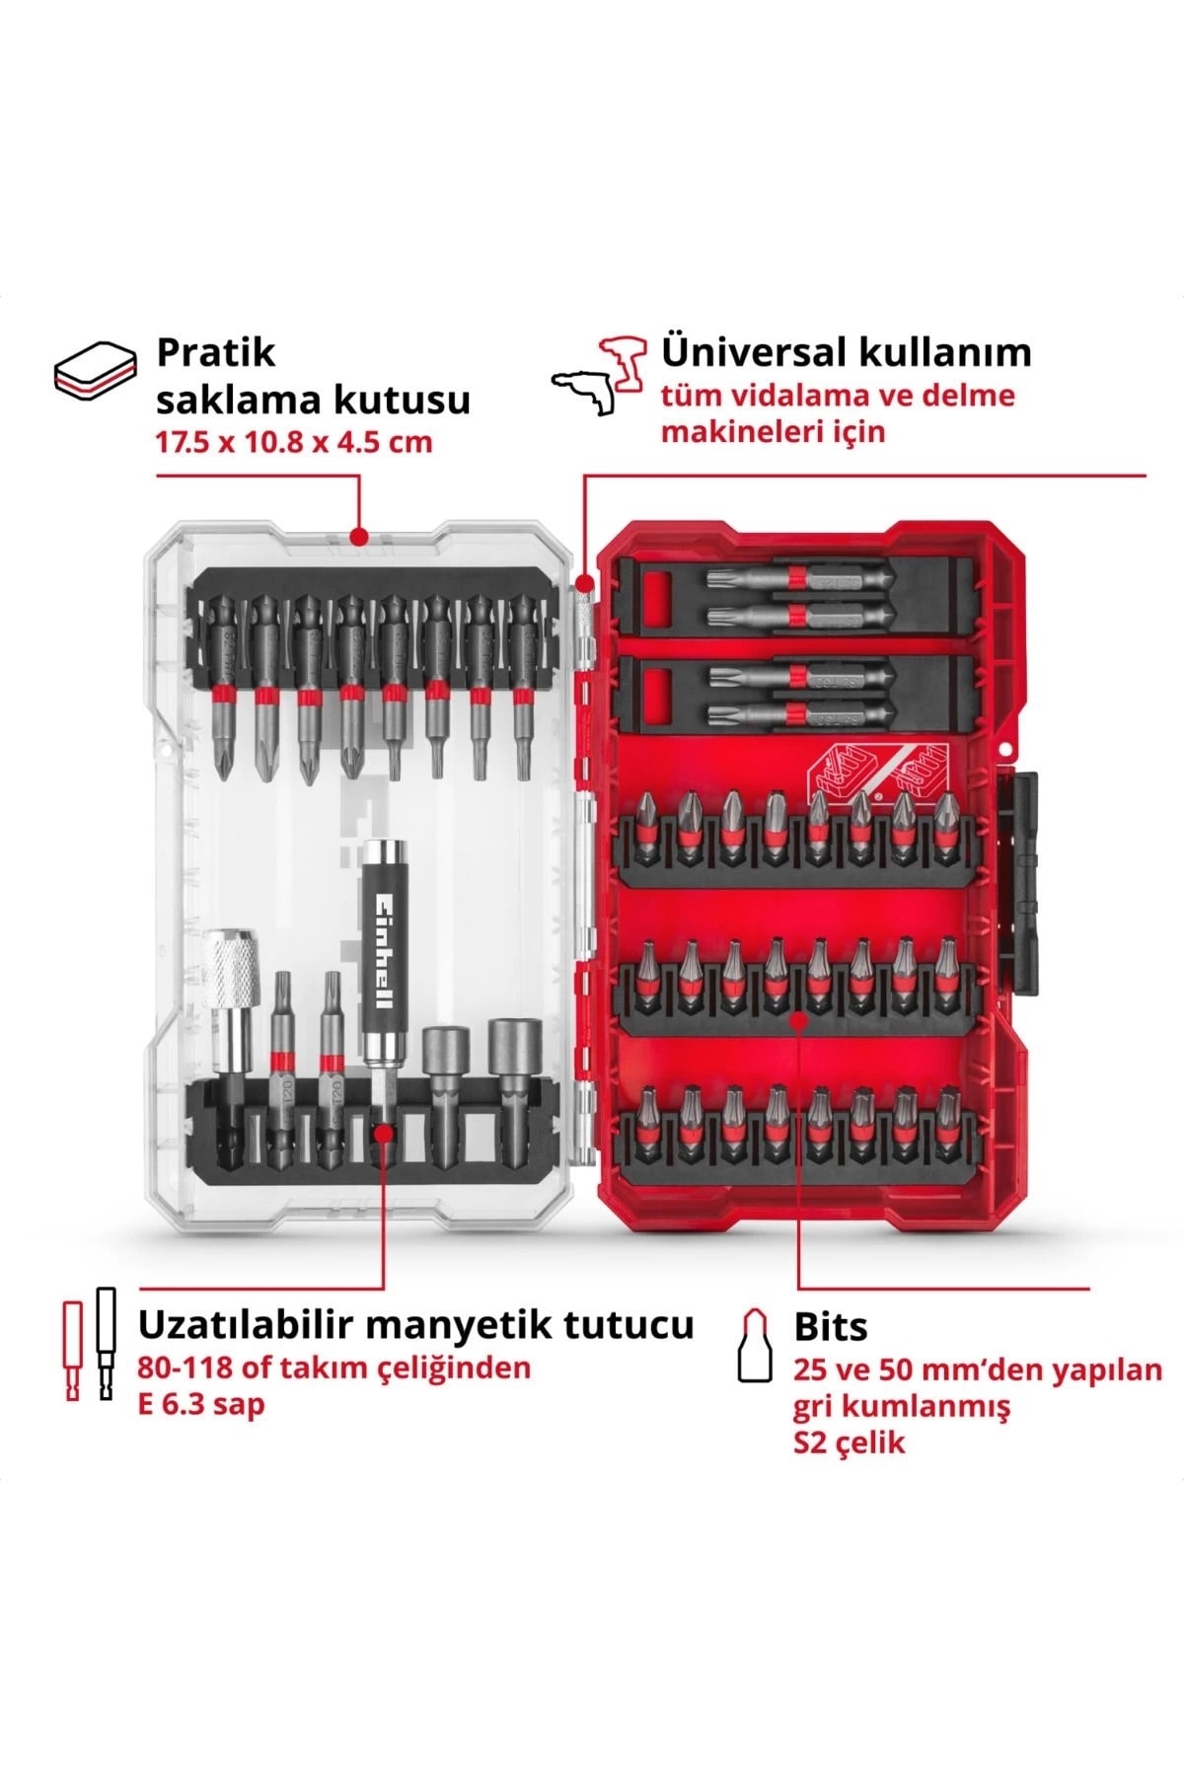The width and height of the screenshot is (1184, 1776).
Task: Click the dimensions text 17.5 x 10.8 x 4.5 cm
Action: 294,441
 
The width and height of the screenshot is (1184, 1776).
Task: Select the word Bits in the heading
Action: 831,1328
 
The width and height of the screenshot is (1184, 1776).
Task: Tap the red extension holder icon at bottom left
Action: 72,1351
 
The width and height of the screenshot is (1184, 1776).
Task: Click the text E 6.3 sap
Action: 202,1404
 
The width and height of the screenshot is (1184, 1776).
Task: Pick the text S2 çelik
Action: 850,1443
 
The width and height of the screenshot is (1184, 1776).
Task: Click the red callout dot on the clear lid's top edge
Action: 359,537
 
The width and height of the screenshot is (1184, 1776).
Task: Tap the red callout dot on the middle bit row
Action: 798,1021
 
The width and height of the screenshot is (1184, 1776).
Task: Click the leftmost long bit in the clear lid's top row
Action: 224,682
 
